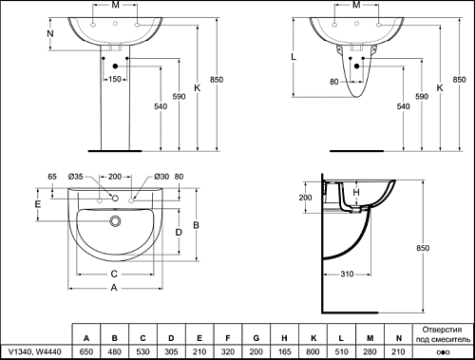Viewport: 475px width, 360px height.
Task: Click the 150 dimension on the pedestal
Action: click(x=115, y=79)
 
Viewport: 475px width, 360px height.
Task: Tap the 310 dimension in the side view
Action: click(x=347, y=274)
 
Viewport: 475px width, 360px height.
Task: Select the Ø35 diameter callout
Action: click(x=75, y=177)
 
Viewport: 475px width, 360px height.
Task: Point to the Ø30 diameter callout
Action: click(x=161, y=177)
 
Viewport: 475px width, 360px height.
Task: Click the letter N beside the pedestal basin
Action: click(x=50, y=33)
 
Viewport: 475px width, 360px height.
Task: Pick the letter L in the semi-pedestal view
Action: click(x=294, y=57)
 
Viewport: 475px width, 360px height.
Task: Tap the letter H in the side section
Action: click(x=356, y=192)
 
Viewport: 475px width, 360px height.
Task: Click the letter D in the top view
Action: click(x=179, y=233)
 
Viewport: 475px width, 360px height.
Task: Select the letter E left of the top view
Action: click(x=38, y=204)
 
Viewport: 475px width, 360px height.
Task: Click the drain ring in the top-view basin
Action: click(x=115, y=220)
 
